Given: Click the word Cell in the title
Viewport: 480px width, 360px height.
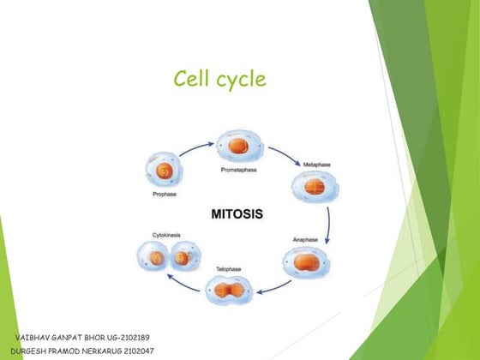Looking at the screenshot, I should click(x=191, y=80).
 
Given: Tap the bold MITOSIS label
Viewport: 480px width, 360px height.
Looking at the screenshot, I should click(x=237, y=213).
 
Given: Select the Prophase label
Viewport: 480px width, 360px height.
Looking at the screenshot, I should click(x=165, y=195).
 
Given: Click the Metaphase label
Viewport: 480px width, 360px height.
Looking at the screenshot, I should click(x=317, y=164).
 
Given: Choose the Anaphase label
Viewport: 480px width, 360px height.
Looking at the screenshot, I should click(x=307, y=240).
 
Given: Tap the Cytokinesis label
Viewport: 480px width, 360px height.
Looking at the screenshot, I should click(x=166, y=234).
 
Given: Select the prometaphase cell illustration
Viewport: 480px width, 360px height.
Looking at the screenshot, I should click(x=237, y=146).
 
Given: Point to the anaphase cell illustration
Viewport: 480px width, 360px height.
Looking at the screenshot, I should click(x=303, y=266).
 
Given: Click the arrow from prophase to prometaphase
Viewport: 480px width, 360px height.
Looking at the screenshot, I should click(x=196, y=146).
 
